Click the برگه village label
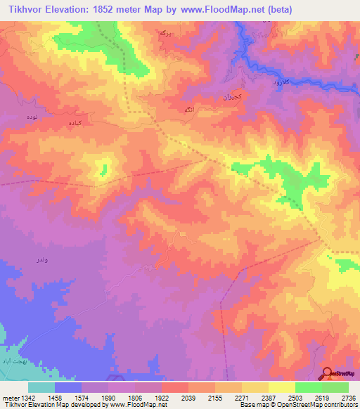coord(165,33)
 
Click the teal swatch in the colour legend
coord(41,387)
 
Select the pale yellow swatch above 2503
coord(281,387)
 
